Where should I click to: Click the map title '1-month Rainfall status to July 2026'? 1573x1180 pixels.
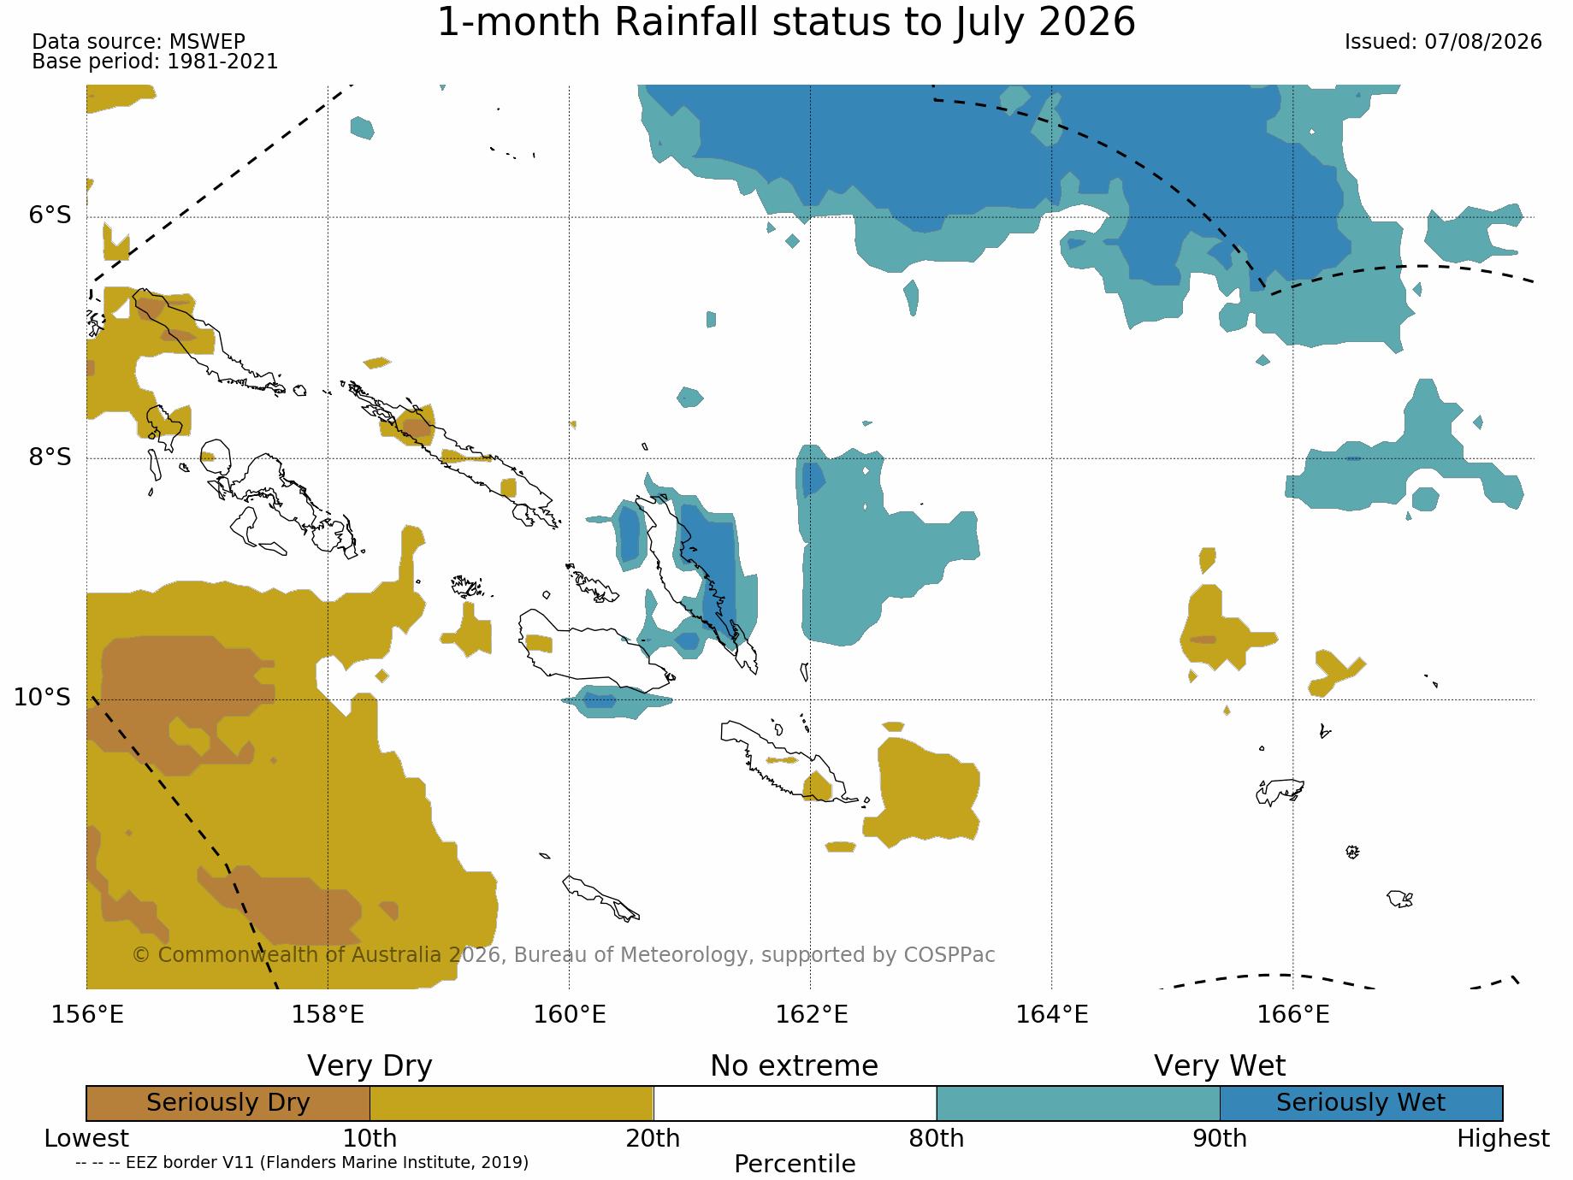pyautogui.click(x=786, y=23)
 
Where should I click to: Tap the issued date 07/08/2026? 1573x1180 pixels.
pyautogui.click(x=1483, y=42)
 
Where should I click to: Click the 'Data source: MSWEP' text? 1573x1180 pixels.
pyautogui.click(x=139, y=41)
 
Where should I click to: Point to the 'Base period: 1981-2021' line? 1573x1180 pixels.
pyautogui.click(x=155, y=62)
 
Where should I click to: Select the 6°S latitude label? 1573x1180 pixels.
pyautogui.click(x=50, y=215)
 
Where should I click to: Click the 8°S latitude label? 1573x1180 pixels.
pyautogui.click(x=50, y=457)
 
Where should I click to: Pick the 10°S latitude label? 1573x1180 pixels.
pyautogui.click(x=42, y=698)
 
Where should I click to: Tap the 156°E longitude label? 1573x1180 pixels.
pyautogui.click(x=87, y=1015)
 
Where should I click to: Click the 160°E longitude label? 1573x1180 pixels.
pyautogui.click(x=570, y=1015)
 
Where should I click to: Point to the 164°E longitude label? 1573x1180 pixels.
pyautogui.click(x=1052, y=1015)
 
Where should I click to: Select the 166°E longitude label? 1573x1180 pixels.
pyautogui.click(x=1293, y=1015)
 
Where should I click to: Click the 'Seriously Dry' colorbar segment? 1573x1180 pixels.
pyautogui.click(x=228, y=1103)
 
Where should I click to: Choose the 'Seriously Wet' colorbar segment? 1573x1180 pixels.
pyautogui.click(x=1362, y=1103)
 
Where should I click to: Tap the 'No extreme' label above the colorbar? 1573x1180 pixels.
pyautogui.click(x=795, y=1066)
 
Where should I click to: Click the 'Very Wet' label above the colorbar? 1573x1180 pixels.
pyautogui.click(x=1220, y=1066)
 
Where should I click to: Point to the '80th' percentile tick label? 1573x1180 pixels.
pyautogui.click(x=937, y=1139)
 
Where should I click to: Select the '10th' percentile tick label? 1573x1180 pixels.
pyautogui.click(x=370, y=1139)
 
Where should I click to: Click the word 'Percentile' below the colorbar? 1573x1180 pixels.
pyautogui.click(x=795, y=1164)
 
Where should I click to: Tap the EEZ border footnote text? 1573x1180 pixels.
pyautogui.click(x=302, y=1163)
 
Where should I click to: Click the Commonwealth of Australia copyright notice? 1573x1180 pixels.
pyautogui.click(x=564, y=955)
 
